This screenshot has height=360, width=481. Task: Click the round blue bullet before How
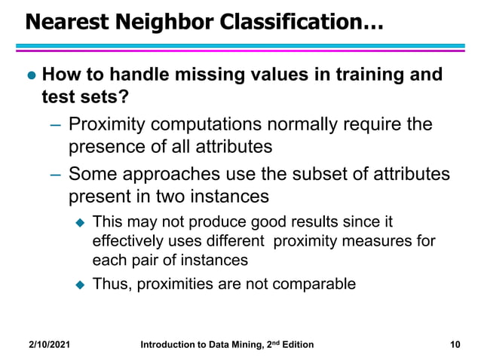(x=31, y=77)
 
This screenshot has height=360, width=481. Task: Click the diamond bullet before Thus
(x=80, y=285)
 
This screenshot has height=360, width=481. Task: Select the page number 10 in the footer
(x=454, y=345)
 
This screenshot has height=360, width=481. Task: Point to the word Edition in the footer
(x=295, y=345)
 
